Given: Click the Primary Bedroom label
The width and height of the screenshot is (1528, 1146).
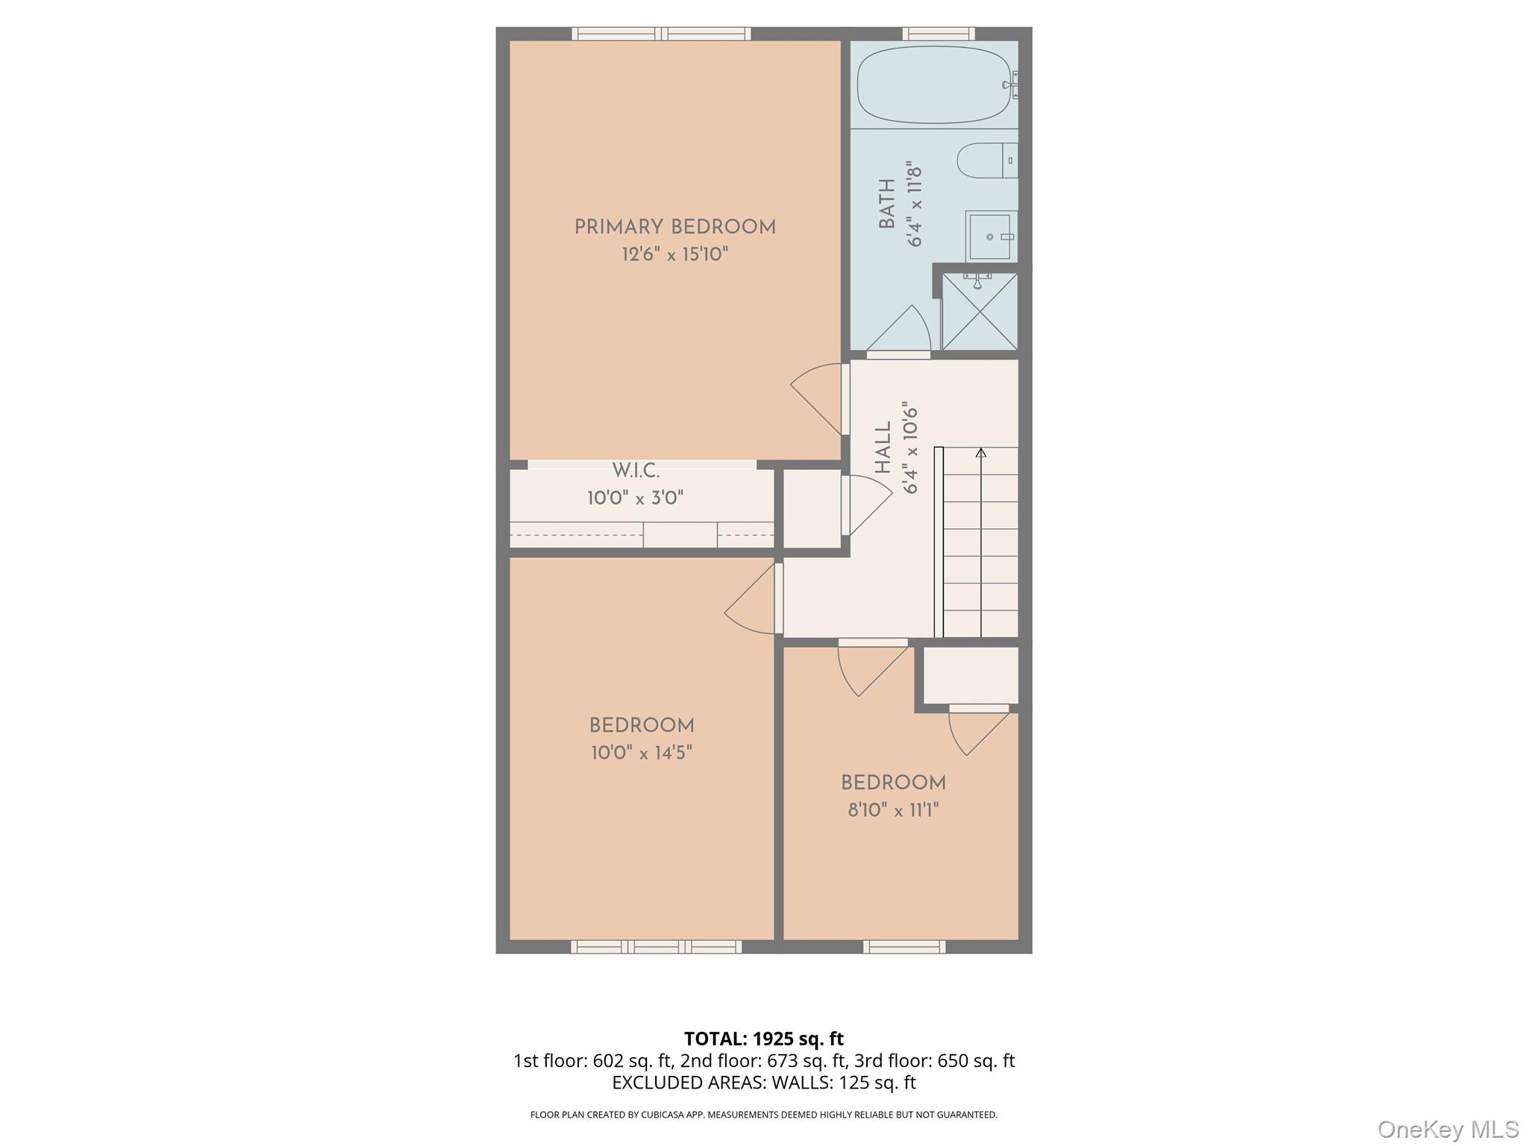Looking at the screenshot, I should point(674,228).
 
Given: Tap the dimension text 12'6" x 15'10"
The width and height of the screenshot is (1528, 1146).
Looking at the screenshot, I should point(674,255).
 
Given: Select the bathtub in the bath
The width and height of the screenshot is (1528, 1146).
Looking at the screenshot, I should point(933,85).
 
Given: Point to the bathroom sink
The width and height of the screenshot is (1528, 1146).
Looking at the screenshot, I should point(991,237).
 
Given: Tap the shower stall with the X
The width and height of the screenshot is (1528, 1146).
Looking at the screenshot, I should point(979,311).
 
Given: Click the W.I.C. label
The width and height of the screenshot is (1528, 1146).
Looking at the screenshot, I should point(636,471).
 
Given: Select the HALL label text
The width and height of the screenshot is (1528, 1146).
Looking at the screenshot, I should point(883,448).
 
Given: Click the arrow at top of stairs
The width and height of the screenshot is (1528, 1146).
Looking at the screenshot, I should point(980,452).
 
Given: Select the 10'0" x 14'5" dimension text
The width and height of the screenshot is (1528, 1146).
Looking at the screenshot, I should point(642,753).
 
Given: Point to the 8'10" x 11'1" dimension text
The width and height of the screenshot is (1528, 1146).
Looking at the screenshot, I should point(893,810).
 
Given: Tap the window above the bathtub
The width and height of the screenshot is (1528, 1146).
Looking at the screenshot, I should point(938,34).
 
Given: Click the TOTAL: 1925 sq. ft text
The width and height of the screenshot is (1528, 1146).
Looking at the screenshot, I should point(763,1039).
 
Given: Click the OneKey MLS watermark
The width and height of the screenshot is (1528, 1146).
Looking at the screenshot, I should point(1447,1129).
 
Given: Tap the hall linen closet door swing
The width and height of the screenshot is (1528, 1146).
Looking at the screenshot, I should point(868,505).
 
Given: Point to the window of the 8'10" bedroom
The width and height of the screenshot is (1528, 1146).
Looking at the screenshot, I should point(904,947).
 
